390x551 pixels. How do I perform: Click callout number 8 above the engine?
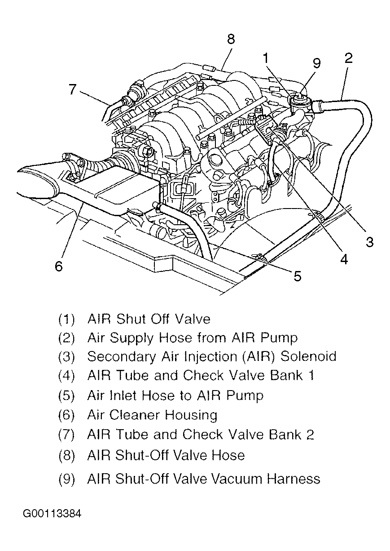231,39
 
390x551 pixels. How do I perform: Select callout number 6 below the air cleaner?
59,266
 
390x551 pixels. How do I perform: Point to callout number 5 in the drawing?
298,275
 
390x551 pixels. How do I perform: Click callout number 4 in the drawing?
344,260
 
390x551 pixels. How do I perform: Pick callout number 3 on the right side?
369,242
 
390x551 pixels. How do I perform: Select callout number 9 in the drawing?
317,63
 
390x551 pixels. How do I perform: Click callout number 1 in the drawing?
266,58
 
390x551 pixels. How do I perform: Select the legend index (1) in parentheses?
66,320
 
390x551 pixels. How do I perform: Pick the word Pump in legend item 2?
281,338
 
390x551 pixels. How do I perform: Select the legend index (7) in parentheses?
66,435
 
